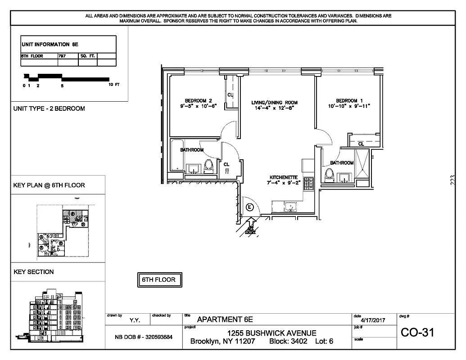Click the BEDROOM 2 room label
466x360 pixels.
tap(198, 100)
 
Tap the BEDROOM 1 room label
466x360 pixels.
tap(349, 100)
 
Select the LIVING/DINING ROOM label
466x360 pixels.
tap(274, 103)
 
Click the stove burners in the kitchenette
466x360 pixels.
tap(309, 183)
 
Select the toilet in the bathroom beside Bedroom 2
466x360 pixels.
tap(208, 166)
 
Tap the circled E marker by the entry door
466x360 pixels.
tap(250, 207)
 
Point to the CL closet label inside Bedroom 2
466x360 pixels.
tap(230, 95)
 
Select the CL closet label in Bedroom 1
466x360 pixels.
tap(361, 144)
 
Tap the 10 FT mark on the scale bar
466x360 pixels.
tap(114, 85)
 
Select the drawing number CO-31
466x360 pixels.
tap(417, 333)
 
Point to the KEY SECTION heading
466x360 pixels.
tap(34, 272)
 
